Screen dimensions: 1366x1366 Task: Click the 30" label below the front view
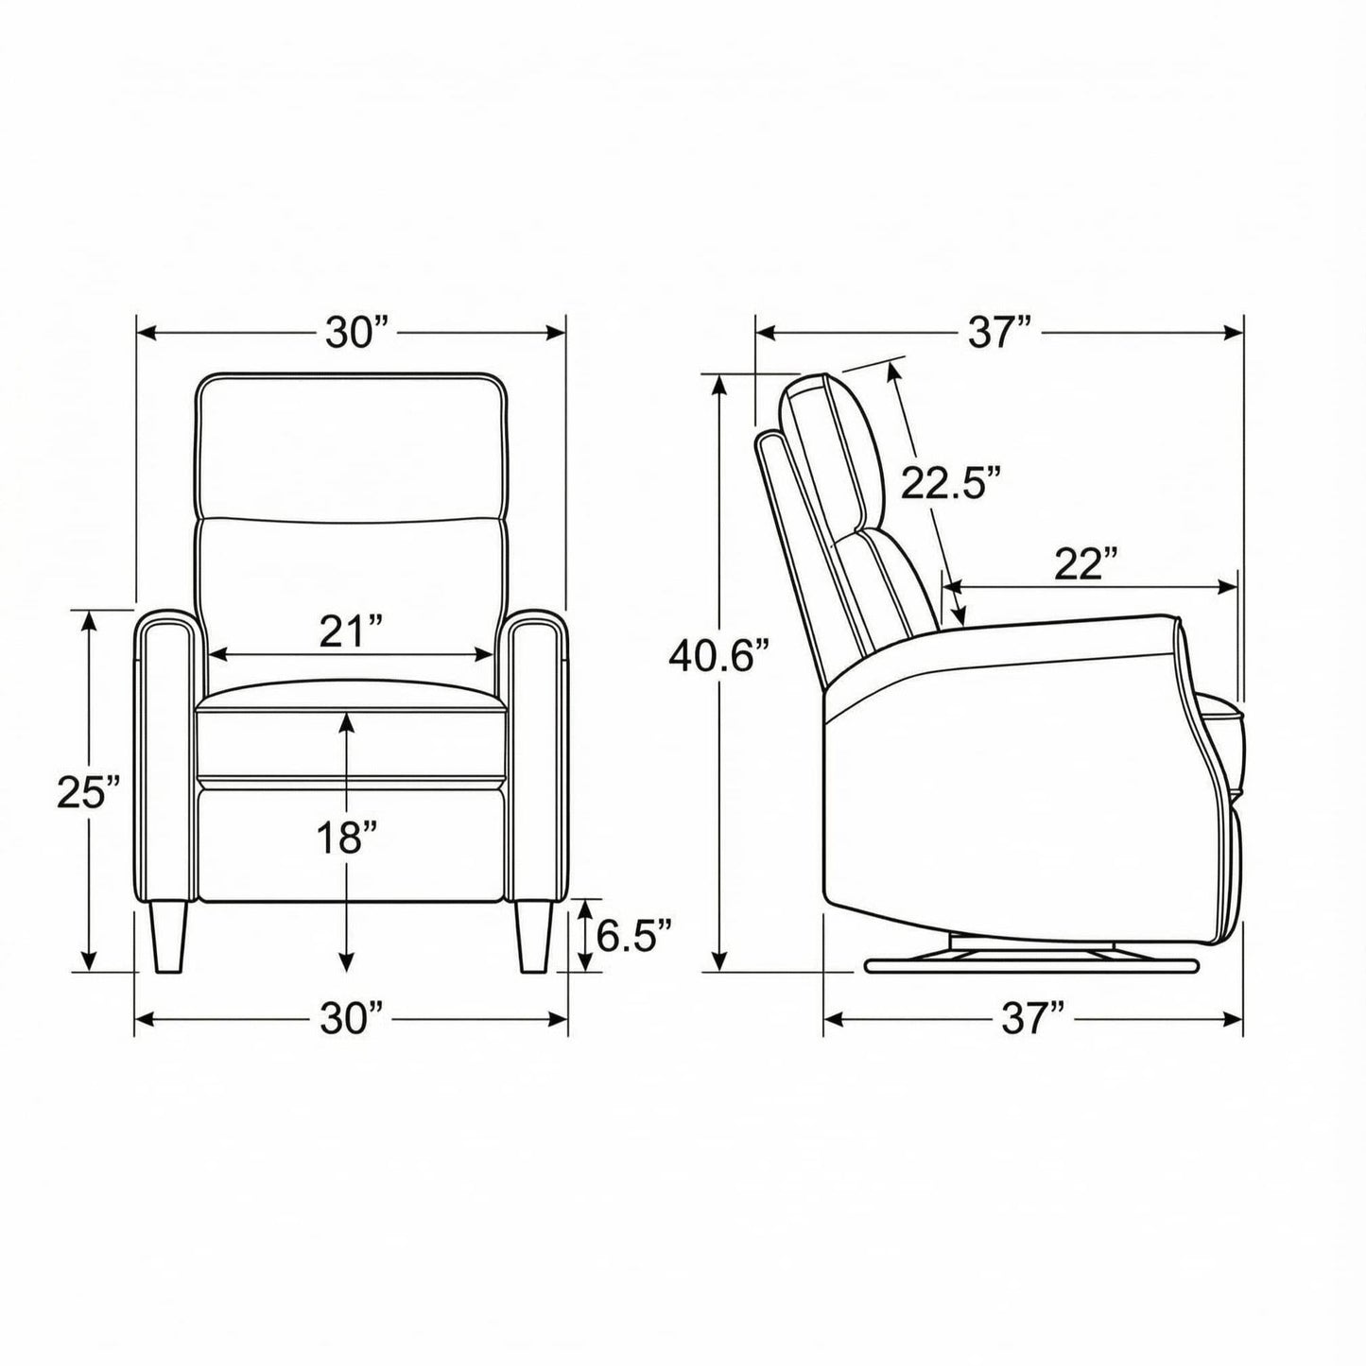click(353, 1019)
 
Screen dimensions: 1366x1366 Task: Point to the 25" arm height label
click(89, 792)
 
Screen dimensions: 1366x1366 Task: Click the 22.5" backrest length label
click(948, 482)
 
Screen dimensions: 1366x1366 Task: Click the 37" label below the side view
click(1033, 1019)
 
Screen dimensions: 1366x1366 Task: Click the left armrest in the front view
click(168, 756)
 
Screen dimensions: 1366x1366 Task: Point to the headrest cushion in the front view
click(352, 444)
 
